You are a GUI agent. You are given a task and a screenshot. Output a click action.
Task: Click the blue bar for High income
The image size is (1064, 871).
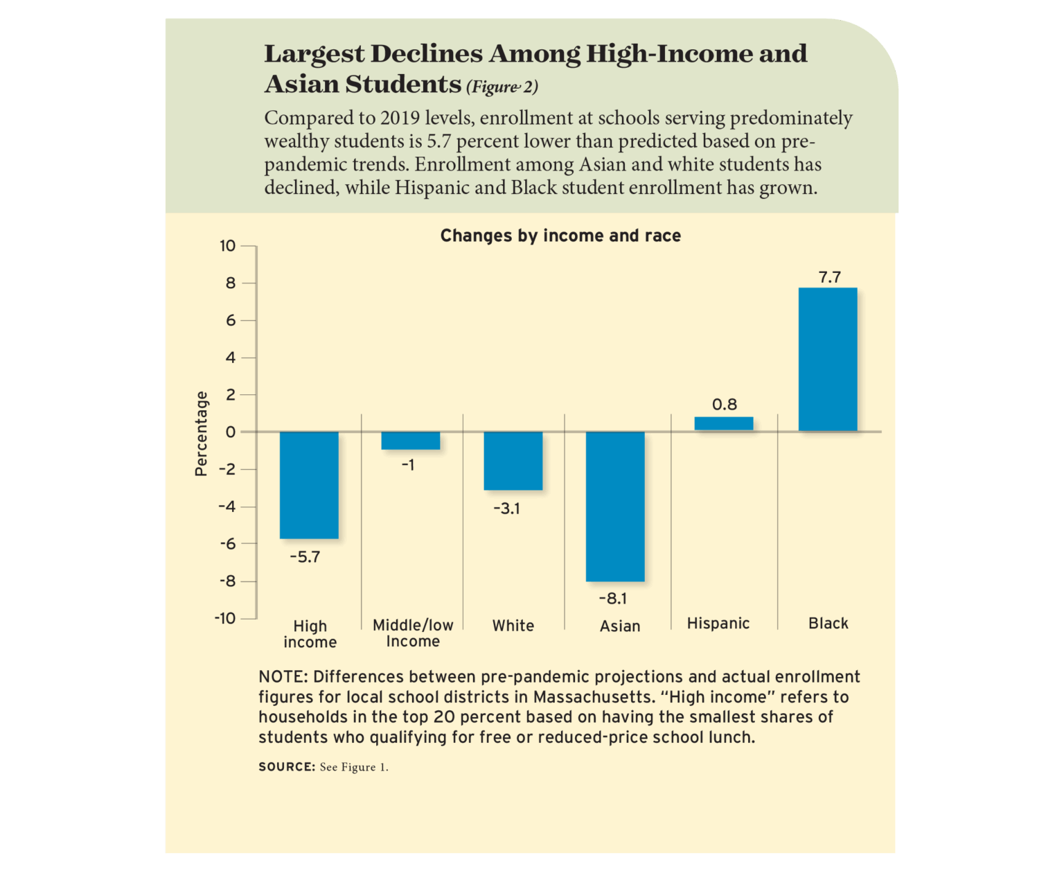pos(309,484)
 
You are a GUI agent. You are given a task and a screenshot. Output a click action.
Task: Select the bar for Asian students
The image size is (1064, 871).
pos(615,506)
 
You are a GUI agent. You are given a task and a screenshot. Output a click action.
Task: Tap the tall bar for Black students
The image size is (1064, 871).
pos(828,359)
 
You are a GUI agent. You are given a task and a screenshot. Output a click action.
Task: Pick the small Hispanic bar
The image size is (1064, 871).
pos(724,423)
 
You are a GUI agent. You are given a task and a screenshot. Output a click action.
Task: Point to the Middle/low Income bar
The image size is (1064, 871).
pos(411,441)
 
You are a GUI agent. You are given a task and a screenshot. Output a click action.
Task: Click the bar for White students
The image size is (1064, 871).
pos(513,461)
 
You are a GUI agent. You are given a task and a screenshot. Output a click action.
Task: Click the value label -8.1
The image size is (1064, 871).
pos(613,598)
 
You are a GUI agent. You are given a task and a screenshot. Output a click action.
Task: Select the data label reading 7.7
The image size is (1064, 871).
pos(829,277)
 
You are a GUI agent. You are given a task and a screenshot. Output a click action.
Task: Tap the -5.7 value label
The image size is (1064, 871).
pos(305,557)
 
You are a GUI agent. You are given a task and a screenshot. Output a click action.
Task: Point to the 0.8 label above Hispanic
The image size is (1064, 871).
pos(725,404)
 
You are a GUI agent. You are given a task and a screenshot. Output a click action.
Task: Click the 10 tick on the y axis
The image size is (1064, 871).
pos(227,246)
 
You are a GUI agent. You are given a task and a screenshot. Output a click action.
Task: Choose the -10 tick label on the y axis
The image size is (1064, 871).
pos(224,618)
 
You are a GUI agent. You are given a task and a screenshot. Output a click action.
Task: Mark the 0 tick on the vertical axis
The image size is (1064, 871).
pos(231,432)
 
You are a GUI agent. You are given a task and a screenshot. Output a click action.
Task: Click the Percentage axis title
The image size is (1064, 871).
pos(201,433)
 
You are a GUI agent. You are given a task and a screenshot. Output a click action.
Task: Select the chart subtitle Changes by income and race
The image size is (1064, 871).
pos(560,236)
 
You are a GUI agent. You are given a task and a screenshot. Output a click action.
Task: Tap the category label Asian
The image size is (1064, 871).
pos(620,626)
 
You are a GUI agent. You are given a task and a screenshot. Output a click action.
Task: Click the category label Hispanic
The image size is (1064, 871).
pos(718,623)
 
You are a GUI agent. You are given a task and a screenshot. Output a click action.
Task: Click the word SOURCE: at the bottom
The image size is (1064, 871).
pos(287,766)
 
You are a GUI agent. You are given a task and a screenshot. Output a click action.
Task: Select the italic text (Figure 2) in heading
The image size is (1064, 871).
pos(502,87)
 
